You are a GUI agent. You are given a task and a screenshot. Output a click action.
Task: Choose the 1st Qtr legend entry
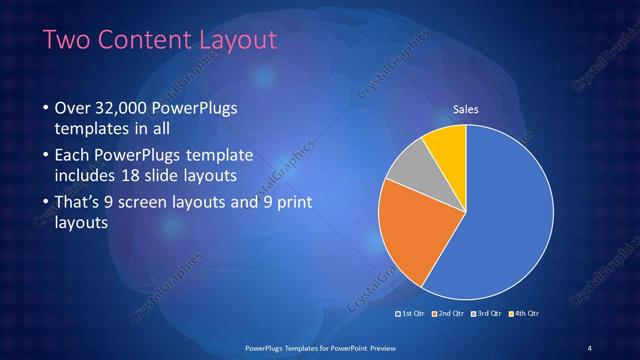pyautogui.click(x=412, y=314)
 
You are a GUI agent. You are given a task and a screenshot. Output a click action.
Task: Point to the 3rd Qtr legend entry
pyautogui.click(x=486, y=314)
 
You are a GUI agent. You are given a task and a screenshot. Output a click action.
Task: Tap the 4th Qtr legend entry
pyautogui.click(x=524, y=314)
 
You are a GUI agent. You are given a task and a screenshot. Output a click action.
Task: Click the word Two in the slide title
pyautogui.click(x=66, y=40)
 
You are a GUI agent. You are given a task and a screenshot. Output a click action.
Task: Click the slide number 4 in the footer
pyautogui.click(x=590, y=347)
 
